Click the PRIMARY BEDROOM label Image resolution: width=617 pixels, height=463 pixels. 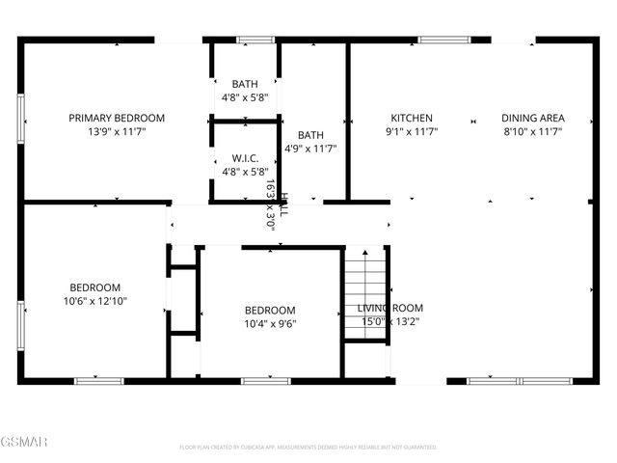coord(117,118)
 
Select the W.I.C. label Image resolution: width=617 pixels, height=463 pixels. coord(245,157)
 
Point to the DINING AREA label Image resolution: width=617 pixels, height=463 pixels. coord(531,118)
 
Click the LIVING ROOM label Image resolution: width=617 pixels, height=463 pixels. coord(390,308)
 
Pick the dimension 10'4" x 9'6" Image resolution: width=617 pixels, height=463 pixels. coord(270,324)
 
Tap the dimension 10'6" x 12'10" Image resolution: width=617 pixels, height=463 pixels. coord(94,301)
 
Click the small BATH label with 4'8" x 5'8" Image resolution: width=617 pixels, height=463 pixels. coord(245,84)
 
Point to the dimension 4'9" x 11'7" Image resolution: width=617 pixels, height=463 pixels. coord(310,149)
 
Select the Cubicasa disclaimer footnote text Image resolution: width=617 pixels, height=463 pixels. coord(308,448)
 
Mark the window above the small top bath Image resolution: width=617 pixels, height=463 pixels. coord(255,40)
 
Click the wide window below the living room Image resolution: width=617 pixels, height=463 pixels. coord(507,381)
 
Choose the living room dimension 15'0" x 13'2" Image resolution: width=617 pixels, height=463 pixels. coord(390,321)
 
